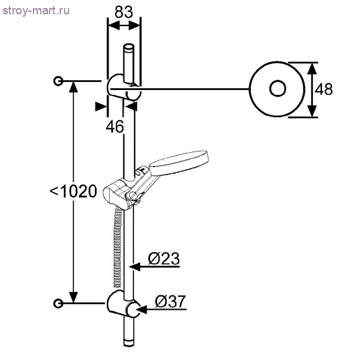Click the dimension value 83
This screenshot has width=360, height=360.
tap(124, 11)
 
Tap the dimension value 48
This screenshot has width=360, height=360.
tap(323, 89)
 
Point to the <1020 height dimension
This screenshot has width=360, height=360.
tap(73, 191)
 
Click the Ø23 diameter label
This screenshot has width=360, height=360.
tap(164, 258)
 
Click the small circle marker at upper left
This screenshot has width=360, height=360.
tap(58, 81)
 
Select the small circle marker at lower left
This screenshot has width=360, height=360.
tap(58, 303)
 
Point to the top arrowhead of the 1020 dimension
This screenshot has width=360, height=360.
tap(74, 87)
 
